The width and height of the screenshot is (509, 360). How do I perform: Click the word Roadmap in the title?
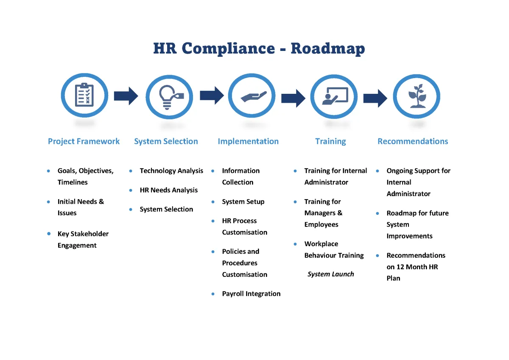click(x=327, y=48)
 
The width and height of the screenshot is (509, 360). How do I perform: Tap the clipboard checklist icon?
click(x=84, y=95)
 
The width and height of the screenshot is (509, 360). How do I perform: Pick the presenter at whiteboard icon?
click(x=334, y=96)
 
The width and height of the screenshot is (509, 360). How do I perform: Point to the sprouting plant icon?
click(x=417, y=96)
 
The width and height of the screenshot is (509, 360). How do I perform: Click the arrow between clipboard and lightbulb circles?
click(x=126, y=96)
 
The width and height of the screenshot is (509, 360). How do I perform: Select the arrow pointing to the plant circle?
click(x=375, y=98)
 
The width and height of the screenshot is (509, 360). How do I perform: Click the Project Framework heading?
click(x=84, y=141)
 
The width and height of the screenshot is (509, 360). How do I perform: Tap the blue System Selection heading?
click(x=166, y=141)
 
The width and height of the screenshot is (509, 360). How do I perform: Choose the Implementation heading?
click(x=248, y=141)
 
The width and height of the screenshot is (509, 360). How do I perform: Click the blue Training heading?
click(x=330, y=141)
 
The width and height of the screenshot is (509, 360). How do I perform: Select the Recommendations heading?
click(x=413, y=141)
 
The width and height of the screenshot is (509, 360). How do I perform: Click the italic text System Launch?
click(x=331, y=274)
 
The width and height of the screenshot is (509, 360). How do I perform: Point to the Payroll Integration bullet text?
click(x=251, y=294)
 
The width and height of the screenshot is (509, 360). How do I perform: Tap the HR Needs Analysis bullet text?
click(x=169, y=190)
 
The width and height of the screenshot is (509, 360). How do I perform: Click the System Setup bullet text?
click(x=243, y=202)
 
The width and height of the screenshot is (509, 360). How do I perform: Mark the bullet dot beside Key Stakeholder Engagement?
click(x=49, y=234)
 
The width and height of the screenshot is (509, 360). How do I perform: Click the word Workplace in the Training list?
click(x=321, y=244)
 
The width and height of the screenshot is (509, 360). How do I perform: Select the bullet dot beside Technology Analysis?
click(x=131, y=171)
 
